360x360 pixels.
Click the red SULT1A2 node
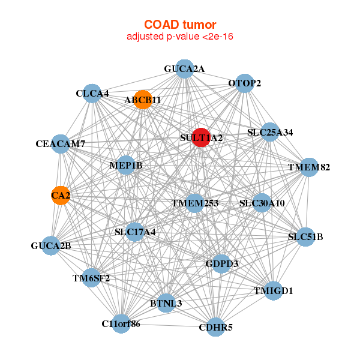click(x=201, y=137)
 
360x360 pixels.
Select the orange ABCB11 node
click(x=143, y=100)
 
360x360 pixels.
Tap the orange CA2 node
click(x=60, y=195)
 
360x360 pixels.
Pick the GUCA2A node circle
click(x=185, y=69)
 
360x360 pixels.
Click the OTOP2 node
click(x=244, y=83)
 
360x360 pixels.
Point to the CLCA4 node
click(x=92, y=94)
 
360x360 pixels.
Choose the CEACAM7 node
click(x=61, y=144)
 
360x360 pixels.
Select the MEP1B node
click(x=125, y=165)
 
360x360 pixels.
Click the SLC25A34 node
click(x=270, y=132)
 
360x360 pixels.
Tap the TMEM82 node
click(x=308, y=167)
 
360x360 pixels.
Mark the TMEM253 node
click(x=194, y=203)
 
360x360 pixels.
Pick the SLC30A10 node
click(x=262, y=203)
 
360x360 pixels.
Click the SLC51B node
click(x=305, y=236)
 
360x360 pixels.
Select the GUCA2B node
click(x=52, y=245)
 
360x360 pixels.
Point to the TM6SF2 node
click(x=91, y=277)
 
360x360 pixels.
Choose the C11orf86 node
click(x=121, y=324)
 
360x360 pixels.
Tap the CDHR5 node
click(x=215, y=328)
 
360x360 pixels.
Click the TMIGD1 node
click(x=273, y=291)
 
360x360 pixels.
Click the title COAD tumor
click(x=180, y=25)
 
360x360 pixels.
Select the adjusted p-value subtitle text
click(x=180, y=37)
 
